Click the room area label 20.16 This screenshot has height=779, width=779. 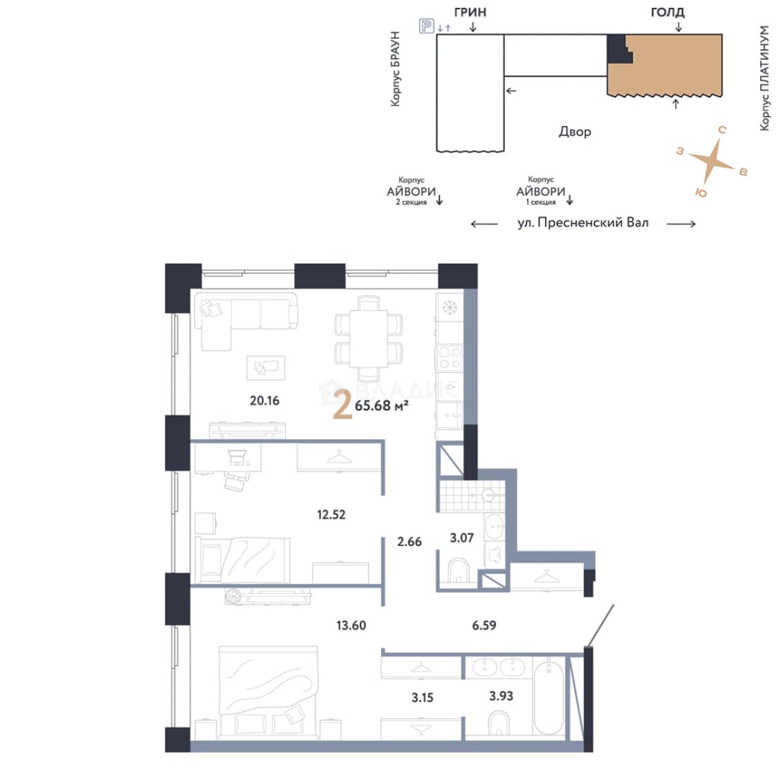tap(264, 400)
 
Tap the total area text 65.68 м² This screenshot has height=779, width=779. tap(382, 405)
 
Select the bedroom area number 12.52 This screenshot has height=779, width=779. tap(331, 514)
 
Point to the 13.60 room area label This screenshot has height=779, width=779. tap(351, 625)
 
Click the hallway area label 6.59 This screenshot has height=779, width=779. tap(484, 625)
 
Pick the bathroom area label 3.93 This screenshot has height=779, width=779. tap(501, 696)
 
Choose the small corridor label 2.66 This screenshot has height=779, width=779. tap(410, 542)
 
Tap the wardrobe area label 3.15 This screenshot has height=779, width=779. tap(422, 697)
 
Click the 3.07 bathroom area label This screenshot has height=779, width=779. tap(462, 537)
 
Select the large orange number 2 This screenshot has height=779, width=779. tap(343, 405)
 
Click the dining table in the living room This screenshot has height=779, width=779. tap(368, 338)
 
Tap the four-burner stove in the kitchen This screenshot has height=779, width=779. tap(449, 358)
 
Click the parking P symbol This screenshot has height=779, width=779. tap(426, 25)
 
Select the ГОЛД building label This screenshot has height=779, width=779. tap(667, 12)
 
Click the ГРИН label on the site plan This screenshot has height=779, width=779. tap(470, 12)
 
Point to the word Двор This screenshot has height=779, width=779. tap(575, 132)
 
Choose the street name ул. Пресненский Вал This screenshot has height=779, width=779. tap(583, 223)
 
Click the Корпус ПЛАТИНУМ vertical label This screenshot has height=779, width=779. tap(765, 77)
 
